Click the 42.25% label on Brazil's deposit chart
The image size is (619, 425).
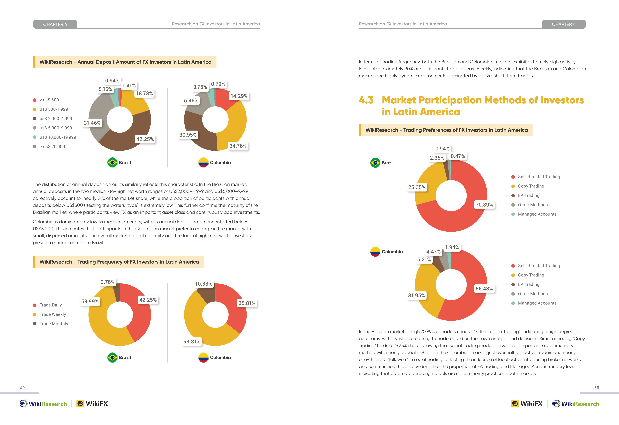pyautogui.click(x=145, y=139)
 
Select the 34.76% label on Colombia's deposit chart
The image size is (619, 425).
pyautogui.click(x=238, y=146)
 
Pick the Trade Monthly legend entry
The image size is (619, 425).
pyautogui.click(x=51, y=324)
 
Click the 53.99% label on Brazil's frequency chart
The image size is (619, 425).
pyautogui.click(x=90, y=301)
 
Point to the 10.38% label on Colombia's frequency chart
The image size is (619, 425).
pyautogui.click(x=204, y=284)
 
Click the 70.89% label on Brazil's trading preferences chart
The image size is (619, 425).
pyautogui.click(x=484, y=205)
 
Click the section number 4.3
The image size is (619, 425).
pyautogui.click(x=366, y=100)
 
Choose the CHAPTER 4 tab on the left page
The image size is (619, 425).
pyautogui.click(x=55, y=24)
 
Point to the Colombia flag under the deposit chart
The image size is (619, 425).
pyautogui.click(x=203, y=163)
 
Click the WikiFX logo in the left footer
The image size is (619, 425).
pyautogui.click(x=92, y=404)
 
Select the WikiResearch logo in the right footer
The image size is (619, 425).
pyautogui.click(x=576, y=404)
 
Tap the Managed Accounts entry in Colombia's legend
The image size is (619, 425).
pyautogui.click(x=534, y=303)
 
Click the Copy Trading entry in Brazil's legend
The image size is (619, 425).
pyautogui.click(x=528, y=186)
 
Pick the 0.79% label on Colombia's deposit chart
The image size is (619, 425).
pyautogui.click(x=218, y=84)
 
